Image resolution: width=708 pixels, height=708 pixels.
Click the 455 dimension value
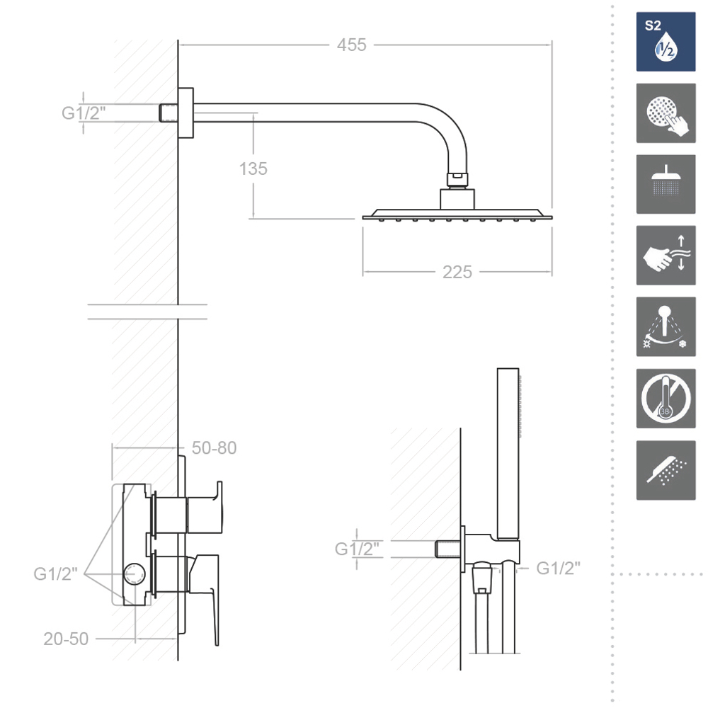[351, 45]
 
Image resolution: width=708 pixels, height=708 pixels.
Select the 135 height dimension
[253, 169]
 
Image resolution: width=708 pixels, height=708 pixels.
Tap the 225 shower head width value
[457, 273]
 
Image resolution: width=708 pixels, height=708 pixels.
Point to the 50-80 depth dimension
[214, 448]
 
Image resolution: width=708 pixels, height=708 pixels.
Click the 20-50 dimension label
[66, 639]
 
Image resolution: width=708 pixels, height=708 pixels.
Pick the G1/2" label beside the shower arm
[84, 113]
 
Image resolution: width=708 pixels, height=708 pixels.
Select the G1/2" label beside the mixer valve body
[55, 574]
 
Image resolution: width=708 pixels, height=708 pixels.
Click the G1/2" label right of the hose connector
[558, 568]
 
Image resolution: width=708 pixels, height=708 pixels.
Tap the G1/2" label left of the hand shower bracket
[357, 549]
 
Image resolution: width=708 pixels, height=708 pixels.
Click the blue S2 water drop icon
[666, 42]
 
